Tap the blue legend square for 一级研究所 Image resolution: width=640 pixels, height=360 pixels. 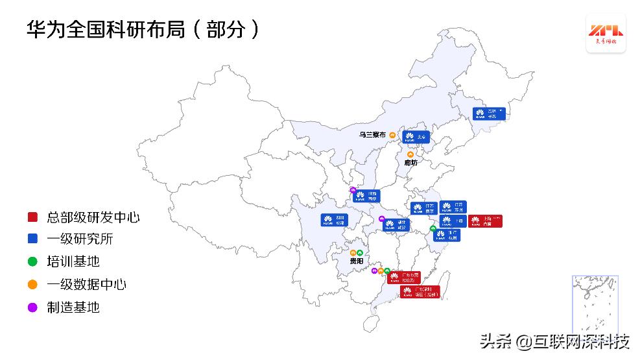tap(32, 239)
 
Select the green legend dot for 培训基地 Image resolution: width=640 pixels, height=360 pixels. tap(32, 262)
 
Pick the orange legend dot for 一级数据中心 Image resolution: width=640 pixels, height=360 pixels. tap(32, 285)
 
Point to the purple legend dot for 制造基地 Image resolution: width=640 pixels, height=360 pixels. tap(32, 307)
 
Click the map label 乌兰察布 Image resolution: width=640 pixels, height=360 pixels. tap(373, 135)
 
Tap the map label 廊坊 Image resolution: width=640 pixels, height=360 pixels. tap(411, 162)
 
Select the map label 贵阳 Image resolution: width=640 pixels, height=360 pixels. tap(356, 261)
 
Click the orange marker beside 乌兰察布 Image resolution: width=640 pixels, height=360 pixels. tap(392, 135)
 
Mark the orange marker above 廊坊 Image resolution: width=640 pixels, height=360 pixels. tap(410, 154)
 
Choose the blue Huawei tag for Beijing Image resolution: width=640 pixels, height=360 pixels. tap(416, 137)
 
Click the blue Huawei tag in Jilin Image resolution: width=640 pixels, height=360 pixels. tap(488, 114)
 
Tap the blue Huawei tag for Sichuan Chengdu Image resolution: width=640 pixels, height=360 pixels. tap(335, 219)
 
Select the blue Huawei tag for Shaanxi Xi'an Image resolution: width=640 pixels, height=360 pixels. tap(367, 196)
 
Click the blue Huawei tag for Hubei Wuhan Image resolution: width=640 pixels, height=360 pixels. tap(396, 224)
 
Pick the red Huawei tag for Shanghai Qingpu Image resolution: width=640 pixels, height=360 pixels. tap(485, 221)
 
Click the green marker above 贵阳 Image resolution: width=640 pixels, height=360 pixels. tap(360, 252)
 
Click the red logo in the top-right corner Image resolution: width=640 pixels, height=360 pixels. tap(606, 33)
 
